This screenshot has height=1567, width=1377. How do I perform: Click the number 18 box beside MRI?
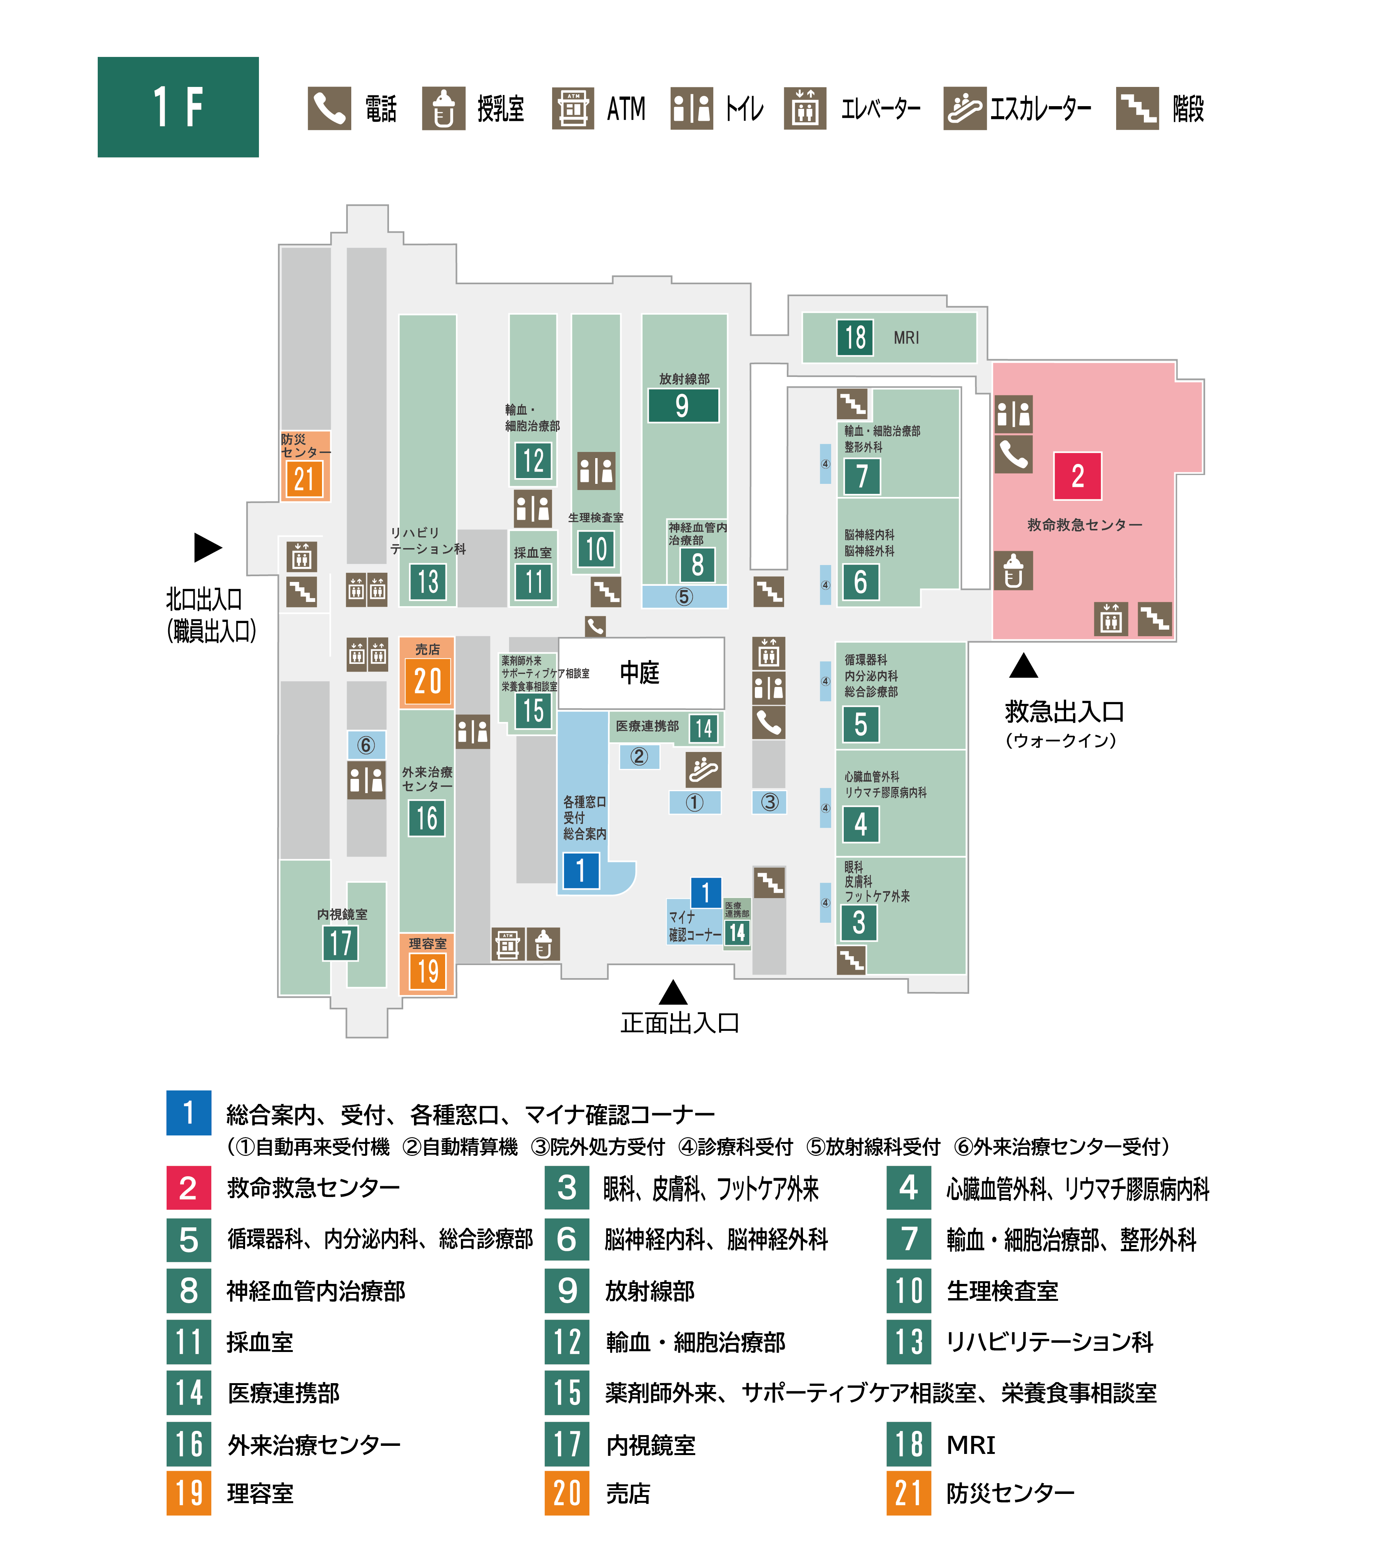(x=855, y=337)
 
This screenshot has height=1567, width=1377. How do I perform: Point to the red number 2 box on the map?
(x=1077, y=476)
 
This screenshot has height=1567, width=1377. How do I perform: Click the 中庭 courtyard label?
(x=639, y=672)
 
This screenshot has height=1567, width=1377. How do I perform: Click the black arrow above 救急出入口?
(x=1023, y=665)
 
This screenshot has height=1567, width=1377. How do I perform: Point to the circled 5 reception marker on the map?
(x=684, y=597)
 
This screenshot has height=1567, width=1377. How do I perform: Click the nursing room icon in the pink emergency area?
(x=1013, y=570)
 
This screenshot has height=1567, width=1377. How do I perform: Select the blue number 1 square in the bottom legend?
(x=189, y=1112)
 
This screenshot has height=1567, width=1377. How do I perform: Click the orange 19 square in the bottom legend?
(x=189, y=1493)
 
